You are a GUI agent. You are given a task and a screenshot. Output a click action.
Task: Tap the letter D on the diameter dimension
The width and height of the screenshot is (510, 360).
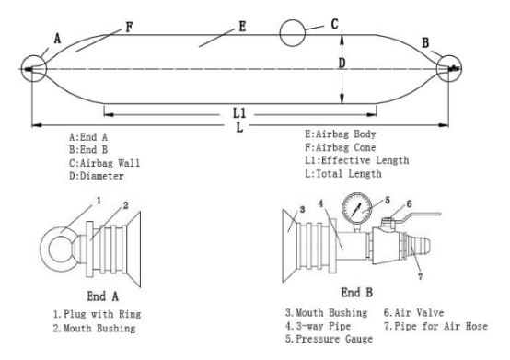[x=341, y=64]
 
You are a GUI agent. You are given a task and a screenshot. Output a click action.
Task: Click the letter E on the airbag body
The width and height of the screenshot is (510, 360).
[x=241, y=27]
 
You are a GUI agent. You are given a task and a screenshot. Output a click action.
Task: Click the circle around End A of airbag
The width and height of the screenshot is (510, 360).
[x=32, y=68]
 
